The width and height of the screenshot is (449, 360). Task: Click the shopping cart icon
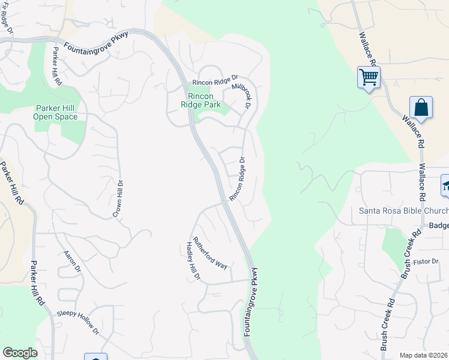pyautogui.click(x=368, y=77)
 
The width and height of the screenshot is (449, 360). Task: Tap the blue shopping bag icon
pyautogui.click(x=421, y=108)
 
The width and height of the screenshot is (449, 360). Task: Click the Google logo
pyautogui.click(x=20, y=353)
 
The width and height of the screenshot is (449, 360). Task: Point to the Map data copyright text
pyautogui.click(x=424, y=355)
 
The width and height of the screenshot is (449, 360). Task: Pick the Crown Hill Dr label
pyautogui.click(x=118, y=199)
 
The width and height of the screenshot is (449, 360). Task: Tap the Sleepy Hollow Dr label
pyautogui.click(x=78, y=322)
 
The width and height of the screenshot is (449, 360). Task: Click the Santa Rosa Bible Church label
pyautogui.click(x=403, y=211)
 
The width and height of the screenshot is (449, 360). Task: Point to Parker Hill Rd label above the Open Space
pyautogui.click(x=56, y=65)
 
